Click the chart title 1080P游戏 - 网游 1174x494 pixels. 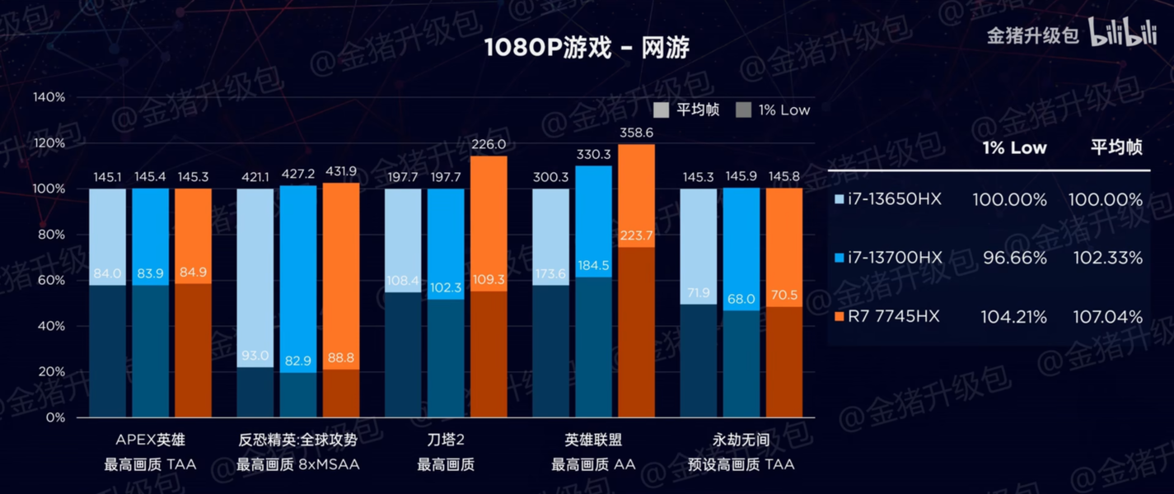click(586, 48)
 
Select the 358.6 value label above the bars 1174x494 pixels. click(636, 132)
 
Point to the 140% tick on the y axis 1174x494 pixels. click(49, 97)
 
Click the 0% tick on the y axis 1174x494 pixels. click(55, 417)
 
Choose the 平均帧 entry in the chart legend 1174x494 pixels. click(687, 110)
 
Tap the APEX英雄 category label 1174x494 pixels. click(151, 440)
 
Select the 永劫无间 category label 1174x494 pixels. click(741, 440)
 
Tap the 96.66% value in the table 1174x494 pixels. click(1014, 259)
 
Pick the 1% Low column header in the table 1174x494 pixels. click(1014, 148)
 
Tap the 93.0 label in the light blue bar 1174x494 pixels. click(255, 356)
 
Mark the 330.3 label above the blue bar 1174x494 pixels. click(593, 154)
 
